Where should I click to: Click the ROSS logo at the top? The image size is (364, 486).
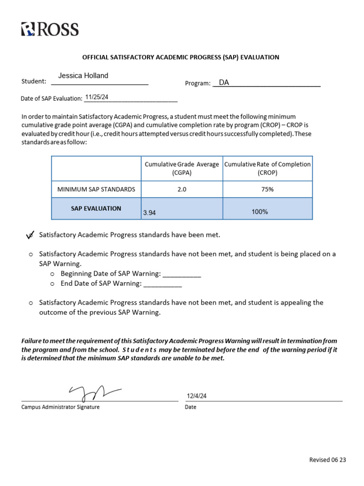pyautogui.click(x=50, y=29)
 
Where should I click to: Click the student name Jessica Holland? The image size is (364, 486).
pyautogui.click(x=83, y=75)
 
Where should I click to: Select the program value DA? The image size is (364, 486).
pyautogui.click(x=224, y=83)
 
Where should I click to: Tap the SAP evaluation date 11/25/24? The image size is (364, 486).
pyautogui.click(x=97, y=97)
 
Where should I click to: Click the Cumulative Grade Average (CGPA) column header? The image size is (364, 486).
pyautogui.click(x=182, y=168)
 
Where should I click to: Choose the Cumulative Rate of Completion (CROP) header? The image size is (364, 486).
pyautogui.click(x=267, y=168)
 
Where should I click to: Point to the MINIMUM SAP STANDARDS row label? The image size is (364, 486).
pyautogui.click(x=96, y=189)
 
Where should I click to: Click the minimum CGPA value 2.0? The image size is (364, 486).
pyautogui.click(x=182, y=189)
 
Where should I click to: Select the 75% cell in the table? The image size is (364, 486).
pyautogui.click(x=267, y=189)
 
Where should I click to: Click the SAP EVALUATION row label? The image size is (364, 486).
pyautogui.click(x=96, y=208)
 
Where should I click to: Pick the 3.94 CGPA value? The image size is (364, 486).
pyautogui.click(x=149, y=213)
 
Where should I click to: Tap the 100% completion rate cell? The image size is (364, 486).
pyautogui.click(x=260, y=212)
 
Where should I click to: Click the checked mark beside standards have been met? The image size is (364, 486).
pyautogui.click(x=30, y=235)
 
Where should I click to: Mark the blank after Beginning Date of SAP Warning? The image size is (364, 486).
pyautogui.click(x=182, y=274)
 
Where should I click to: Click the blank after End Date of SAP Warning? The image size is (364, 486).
pyautogui.click(x=163, y=284)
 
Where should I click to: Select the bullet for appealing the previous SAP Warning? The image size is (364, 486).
pyautogui.click(x=31, y=303)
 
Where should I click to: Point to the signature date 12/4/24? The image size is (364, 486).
pyautogui.click(x=197, y=396)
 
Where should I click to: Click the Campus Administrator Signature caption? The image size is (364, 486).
pyautogui.click(x=60, y=407)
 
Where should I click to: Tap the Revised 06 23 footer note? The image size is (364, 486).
pyautogui.click(x=328, y=459)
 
